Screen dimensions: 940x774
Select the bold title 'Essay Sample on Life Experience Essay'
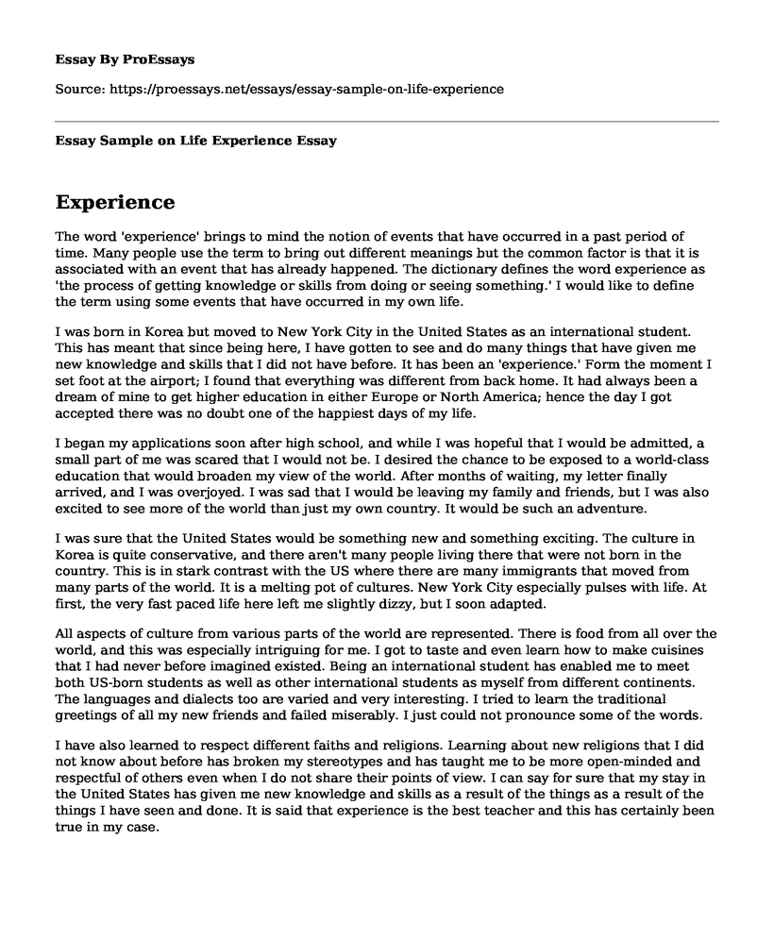click(x=196, y=141)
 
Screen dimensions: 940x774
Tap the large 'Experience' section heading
click(x=115, y=202)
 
